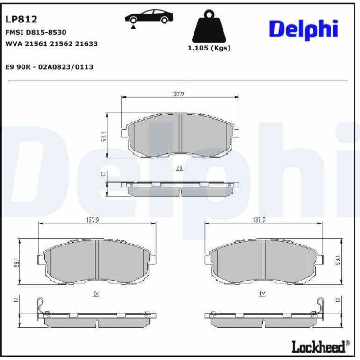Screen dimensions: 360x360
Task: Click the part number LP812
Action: pyautogui.click(x=21, y=19)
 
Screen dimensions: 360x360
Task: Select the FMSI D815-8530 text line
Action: pyautogui.click(x=36, y=32)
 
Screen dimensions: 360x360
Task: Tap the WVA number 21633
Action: pyautogui.click(x=86, y=43)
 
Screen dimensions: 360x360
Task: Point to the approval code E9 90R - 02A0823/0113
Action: pyautogui.click(x=50, y=67)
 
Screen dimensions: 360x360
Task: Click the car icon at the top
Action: pyautogui.click(x=149, y=16)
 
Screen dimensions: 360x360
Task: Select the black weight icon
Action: pyautogui.click(x=209, y=26)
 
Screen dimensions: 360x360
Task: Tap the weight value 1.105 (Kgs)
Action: pyautogui.click(x=209, y=48)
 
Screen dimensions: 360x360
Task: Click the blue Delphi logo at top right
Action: pyautogui.click(x=303, y=29)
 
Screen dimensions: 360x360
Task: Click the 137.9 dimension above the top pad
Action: pyautogui.click(x=178, y=94)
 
